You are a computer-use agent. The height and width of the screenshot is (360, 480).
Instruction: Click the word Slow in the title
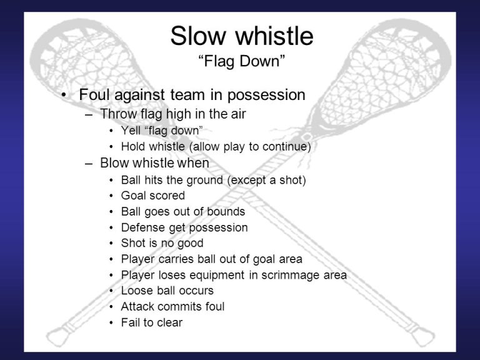point(198,36)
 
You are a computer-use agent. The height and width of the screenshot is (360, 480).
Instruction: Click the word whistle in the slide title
point(274,36)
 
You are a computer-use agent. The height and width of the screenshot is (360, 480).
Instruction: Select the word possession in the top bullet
point(266,95)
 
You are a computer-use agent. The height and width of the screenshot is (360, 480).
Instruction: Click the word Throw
point(119,114)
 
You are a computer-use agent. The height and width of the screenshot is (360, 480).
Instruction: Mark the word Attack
point(137,306)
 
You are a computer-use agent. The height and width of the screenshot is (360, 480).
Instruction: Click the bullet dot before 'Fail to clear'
point(111,322)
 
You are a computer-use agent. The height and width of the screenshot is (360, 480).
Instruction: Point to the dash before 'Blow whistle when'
point(89,164)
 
